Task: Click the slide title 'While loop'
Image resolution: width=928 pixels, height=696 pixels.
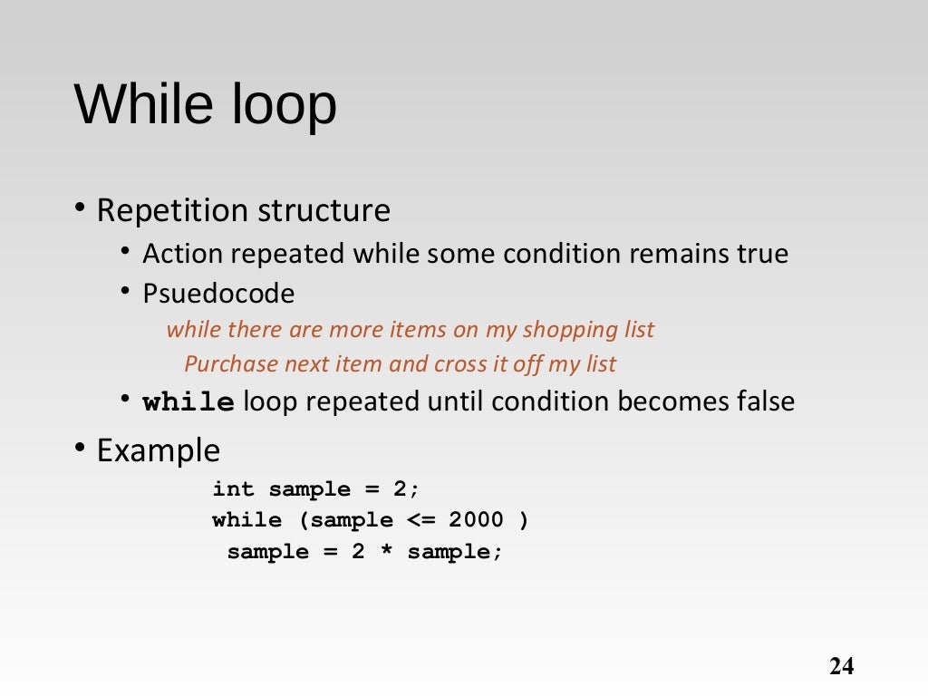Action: [205, 104]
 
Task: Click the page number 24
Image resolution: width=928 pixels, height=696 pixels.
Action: [841, 667]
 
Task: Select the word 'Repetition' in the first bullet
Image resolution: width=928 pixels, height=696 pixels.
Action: [172, 211]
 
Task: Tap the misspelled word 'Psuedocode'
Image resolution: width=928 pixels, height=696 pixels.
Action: [218, 294]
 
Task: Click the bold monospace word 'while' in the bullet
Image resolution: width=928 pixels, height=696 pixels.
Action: [189, 402]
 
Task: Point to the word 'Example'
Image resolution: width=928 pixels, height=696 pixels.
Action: [158, 450]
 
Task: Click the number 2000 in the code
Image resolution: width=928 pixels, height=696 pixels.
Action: [476, 520]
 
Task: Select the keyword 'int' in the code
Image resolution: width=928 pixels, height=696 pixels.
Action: [233, 489]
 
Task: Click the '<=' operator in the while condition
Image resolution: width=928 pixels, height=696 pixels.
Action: [420, 520]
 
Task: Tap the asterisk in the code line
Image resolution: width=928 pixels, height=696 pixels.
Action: [386, 552]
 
